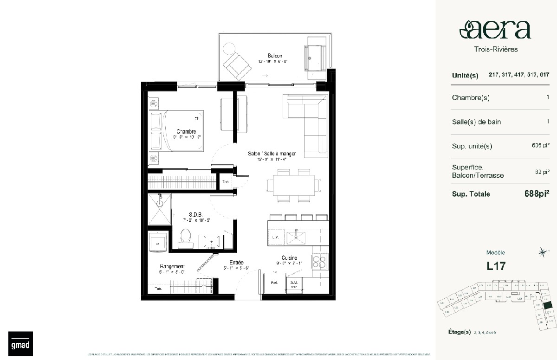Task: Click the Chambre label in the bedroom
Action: click(x=186, y=131)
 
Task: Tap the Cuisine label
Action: click(x=289, y=258)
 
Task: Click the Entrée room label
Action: click(x=236, y=263)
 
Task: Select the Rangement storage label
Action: click(x=172, y=266)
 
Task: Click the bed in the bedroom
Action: click(x=177, y=131)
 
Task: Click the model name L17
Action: click(x=496, y=266)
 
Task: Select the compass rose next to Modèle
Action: click(x=541, y=252)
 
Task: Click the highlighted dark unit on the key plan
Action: click(x=548, y=305)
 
